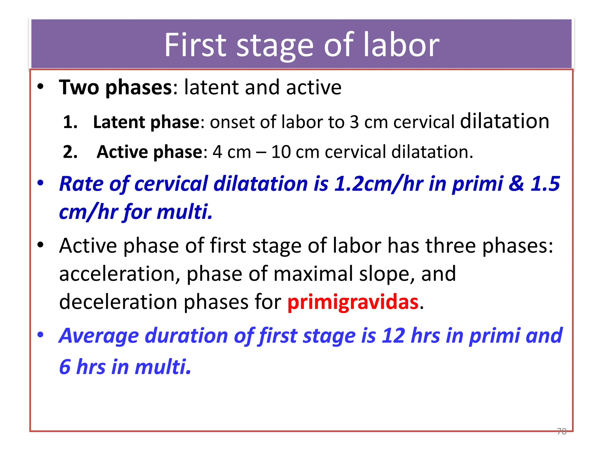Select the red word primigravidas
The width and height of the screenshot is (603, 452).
click(x=353, y=302)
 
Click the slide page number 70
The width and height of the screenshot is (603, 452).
click(x=561, y=431)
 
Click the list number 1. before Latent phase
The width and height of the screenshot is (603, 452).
click(x=70, y=122)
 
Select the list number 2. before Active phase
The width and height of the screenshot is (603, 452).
click(x=70, y=152)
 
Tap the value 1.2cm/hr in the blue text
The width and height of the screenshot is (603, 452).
click(x=378, y=184)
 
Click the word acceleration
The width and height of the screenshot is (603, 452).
click(x=120, y=274)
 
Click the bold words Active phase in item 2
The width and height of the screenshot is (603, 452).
click(x=150, y=152)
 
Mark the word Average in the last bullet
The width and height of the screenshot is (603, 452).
click(x=99, y=336)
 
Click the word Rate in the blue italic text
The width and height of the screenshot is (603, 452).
click(x=81, y=184)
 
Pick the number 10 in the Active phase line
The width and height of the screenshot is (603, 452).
click(x=281, y=152)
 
